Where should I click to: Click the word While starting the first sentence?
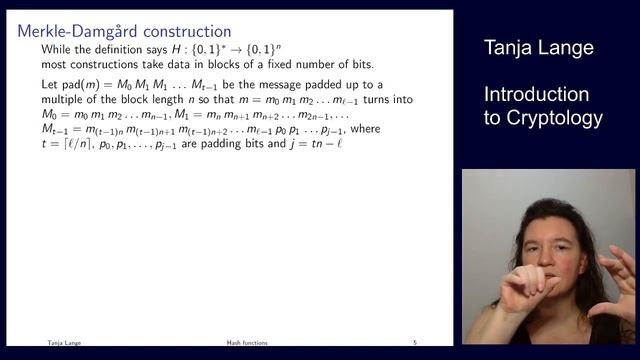click(58, 49)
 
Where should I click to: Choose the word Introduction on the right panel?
click(537, 94)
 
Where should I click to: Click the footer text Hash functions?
click(245, 342)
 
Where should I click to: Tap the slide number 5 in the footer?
click(415, 342)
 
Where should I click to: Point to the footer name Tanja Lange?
click(63, 342)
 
